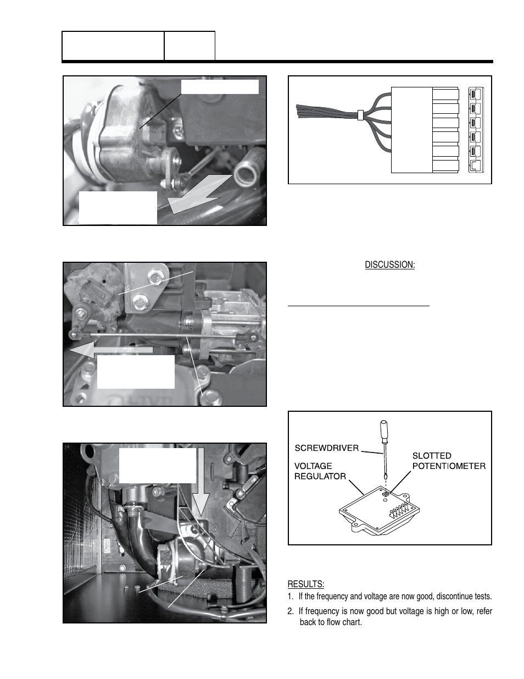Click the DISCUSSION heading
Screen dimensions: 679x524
[389, 265]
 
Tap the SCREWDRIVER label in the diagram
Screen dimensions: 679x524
[326, 448]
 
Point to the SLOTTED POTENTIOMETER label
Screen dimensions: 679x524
[448, 461]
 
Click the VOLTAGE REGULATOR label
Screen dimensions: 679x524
[320, 471]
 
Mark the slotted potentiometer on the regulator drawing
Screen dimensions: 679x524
[385, 494]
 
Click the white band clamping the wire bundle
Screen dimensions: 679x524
[360, 115]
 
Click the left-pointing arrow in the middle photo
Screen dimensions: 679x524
[110, 350]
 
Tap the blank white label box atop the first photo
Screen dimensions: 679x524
[220, 87]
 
